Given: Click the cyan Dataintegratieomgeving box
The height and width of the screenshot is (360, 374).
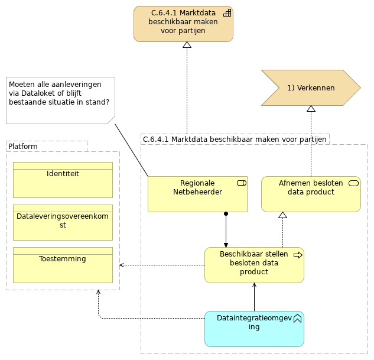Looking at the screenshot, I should coord(254,329).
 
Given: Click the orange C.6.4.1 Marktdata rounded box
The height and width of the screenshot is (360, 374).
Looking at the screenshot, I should coord(183,24).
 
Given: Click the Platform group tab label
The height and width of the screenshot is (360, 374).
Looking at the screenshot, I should coord(24,146).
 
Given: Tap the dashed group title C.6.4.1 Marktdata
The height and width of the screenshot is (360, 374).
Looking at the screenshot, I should coord(235,139).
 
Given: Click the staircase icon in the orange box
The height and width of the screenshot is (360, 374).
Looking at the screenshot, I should coord(227,13).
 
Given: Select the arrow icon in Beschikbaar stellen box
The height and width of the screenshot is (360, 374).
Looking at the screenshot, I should coord(298,255).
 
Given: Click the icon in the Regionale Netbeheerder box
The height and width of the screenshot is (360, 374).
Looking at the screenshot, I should coord(241,183).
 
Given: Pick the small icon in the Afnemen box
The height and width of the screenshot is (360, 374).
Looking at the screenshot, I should coord(354,183).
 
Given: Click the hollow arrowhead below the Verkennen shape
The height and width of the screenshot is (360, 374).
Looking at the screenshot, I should coord(311,109).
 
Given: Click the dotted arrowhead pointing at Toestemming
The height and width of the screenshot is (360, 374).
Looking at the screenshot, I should coord(122,265).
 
